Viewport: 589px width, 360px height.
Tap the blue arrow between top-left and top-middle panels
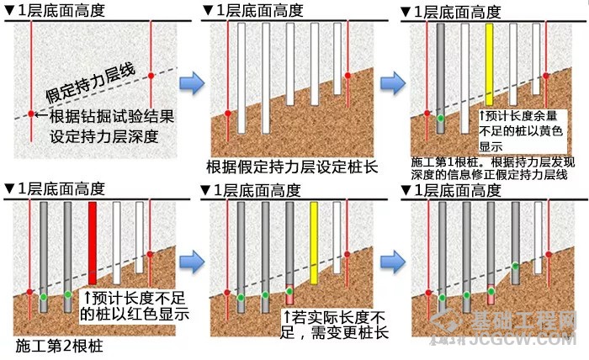[193, 82]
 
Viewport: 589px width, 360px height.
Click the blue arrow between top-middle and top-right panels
[390, 82]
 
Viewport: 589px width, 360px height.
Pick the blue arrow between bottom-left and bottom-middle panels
[193, 254]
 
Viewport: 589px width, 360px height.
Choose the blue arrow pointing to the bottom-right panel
[390, 254]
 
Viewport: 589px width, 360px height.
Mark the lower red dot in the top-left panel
[30, 114]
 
